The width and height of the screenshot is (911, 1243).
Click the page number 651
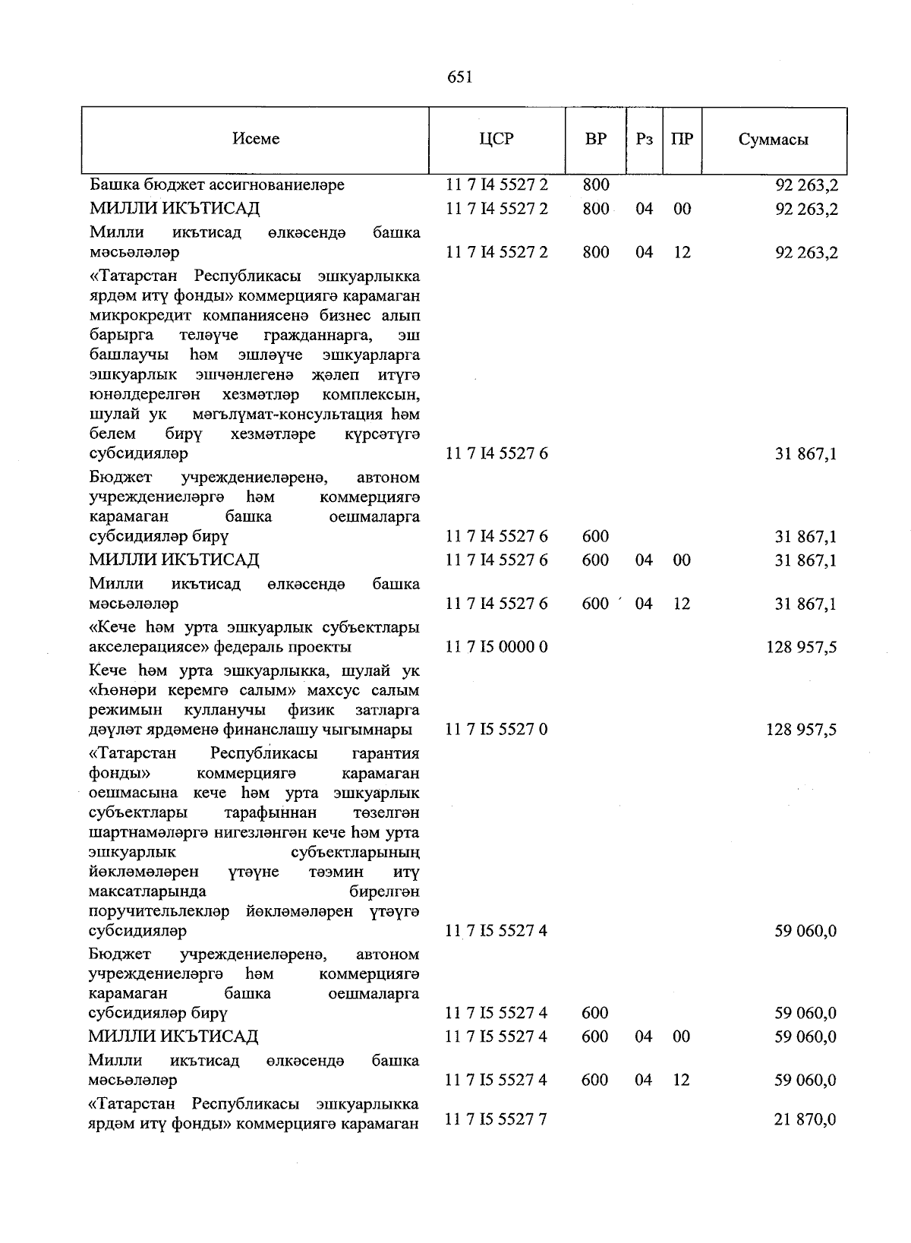[460, 77]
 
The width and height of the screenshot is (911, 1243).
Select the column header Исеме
[256, 139]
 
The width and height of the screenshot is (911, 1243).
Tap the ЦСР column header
[497, 139]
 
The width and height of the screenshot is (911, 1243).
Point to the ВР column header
[596, 139]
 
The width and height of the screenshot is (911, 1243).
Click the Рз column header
[645, 139]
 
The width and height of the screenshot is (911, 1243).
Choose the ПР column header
[682, 139]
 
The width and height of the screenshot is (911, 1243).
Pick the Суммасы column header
[773, 140]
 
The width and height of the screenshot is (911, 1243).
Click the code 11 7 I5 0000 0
[497, 647]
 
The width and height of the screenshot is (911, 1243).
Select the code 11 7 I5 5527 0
[497, 730]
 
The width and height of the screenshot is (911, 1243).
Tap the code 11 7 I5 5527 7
[497, 1119]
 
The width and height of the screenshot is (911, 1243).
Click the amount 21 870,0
[805, 1119]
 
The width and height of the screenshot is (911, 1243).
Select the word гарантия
[386, 753]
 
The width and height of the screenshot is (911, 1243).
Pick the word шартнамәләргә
[149, 832]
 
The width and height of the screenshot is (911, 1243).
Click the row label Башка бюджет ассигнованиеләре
[217, 185]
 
